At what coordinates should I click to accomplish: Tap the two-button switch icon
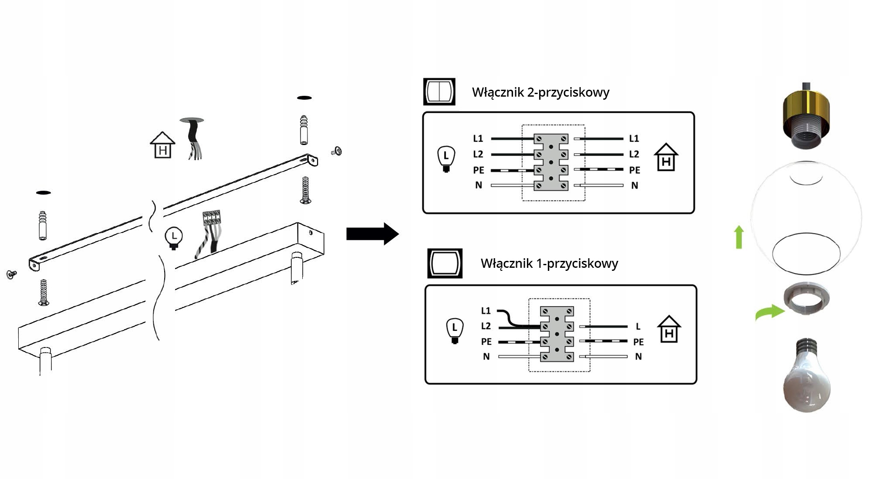[439, 92]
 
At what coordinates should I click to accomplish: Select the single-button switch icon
[445, 263]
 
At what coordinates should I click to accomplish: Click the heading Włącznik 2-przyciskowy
[540, 92]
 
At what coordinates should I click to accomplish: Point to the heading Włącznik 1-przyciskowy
[549, 263]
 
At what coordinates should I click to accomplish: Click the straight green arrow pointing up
[739, 237]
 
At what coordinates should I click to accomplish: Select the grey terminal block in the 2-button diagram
[551, 162]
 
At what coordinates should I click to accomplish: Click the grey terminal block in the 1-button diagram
[557, 334]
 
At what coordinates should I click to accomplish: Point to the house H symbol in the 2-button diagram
[666, 158]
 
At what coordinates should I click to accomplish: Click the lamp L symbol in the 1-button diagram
[455, 330]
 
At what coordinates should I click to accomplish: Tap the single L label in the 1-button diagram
[638, 326]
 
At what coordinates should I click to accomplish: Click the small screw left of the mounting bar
[11, 274]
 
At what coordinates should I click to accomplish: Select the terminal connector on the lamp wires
[211, 217]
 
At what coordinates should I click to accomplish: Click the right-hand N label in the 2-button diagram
[635, 186]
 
